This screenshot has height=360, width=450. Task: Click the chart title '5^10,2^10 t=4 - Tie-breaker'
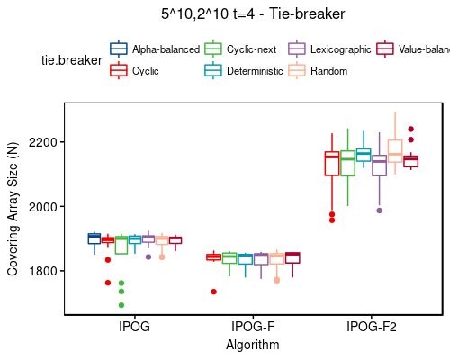[253, 13]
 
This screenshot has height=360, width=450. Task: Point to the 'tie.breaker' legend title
[71, 59]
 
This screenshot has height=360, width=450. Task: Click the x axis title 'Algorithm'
[253, 344]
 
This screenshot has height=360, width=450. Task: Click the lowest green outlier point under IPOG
[121, 305]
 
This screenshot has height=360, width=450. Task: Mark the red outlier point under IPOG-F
[213, 292]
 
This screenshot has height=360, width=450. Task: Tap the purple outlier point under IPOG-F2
[379, 211]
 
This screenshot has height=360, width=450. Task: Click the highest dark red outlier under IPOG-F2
[410, 130]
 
